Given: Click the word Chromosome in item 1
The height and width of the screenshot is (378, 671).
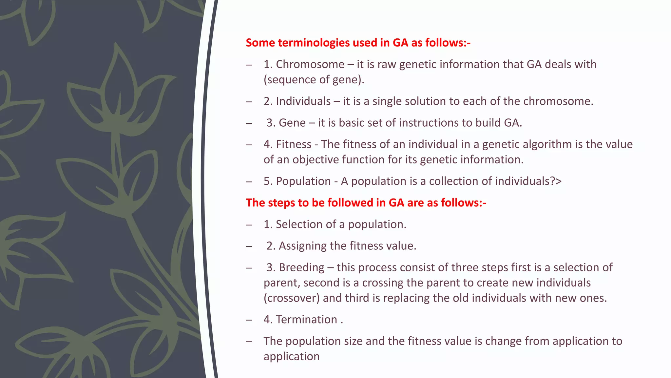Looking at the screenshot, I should tap(310, 64).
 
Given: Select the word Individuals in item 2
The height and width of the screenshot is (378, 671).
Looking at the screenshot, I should tap(303, 101).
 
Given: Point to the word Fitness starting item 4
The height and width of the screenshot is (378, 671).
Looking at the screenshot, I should tap(294, 144).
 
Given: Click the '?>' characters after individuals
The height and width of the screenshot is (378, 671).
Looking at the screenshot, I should tap(556, 181).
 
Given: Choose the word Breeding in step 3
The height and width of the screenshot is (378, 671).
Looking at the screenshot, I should tap(301, 267).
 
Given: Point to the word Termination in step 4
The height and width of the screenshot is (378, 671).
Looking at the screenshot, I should tap(306, 320).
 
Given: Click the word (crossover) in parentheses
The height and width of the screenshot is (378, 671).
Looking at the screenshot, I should tap(292, 298).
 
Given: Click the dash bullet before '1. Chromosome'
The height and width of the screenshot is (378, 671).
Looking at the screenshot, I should tap(249, 65).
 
